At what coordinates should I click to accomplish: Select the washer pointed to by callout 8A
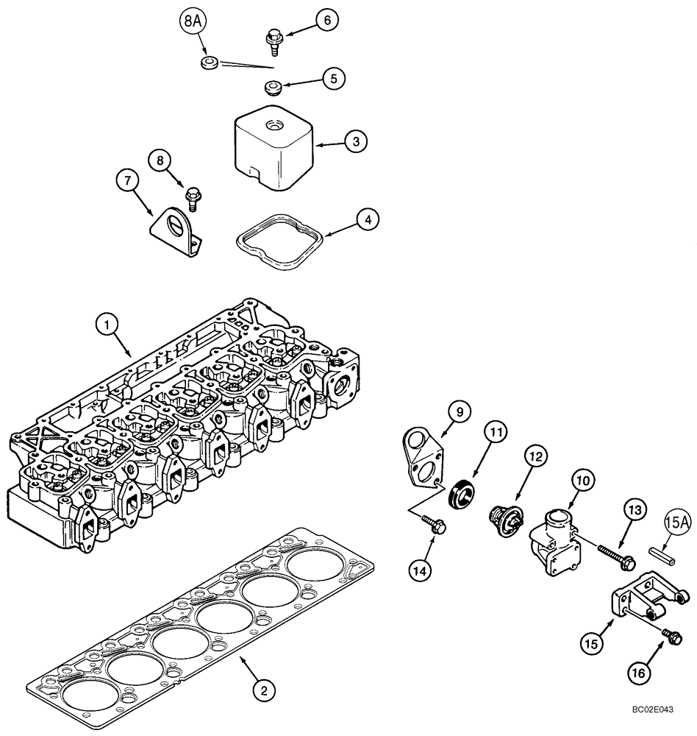(x=209, y=61)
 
